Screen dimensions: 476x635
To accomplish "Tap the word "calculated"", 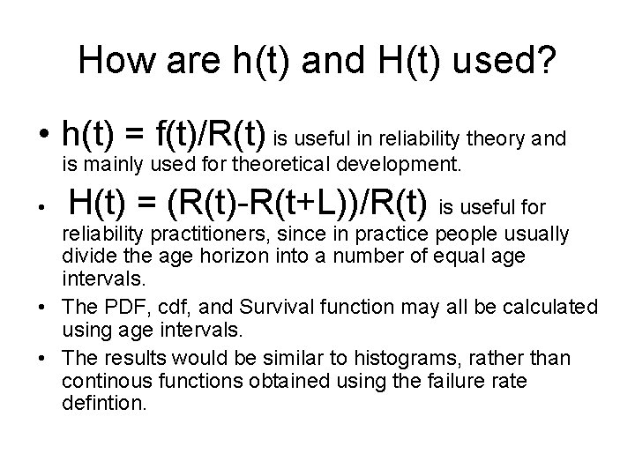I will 552,307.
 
